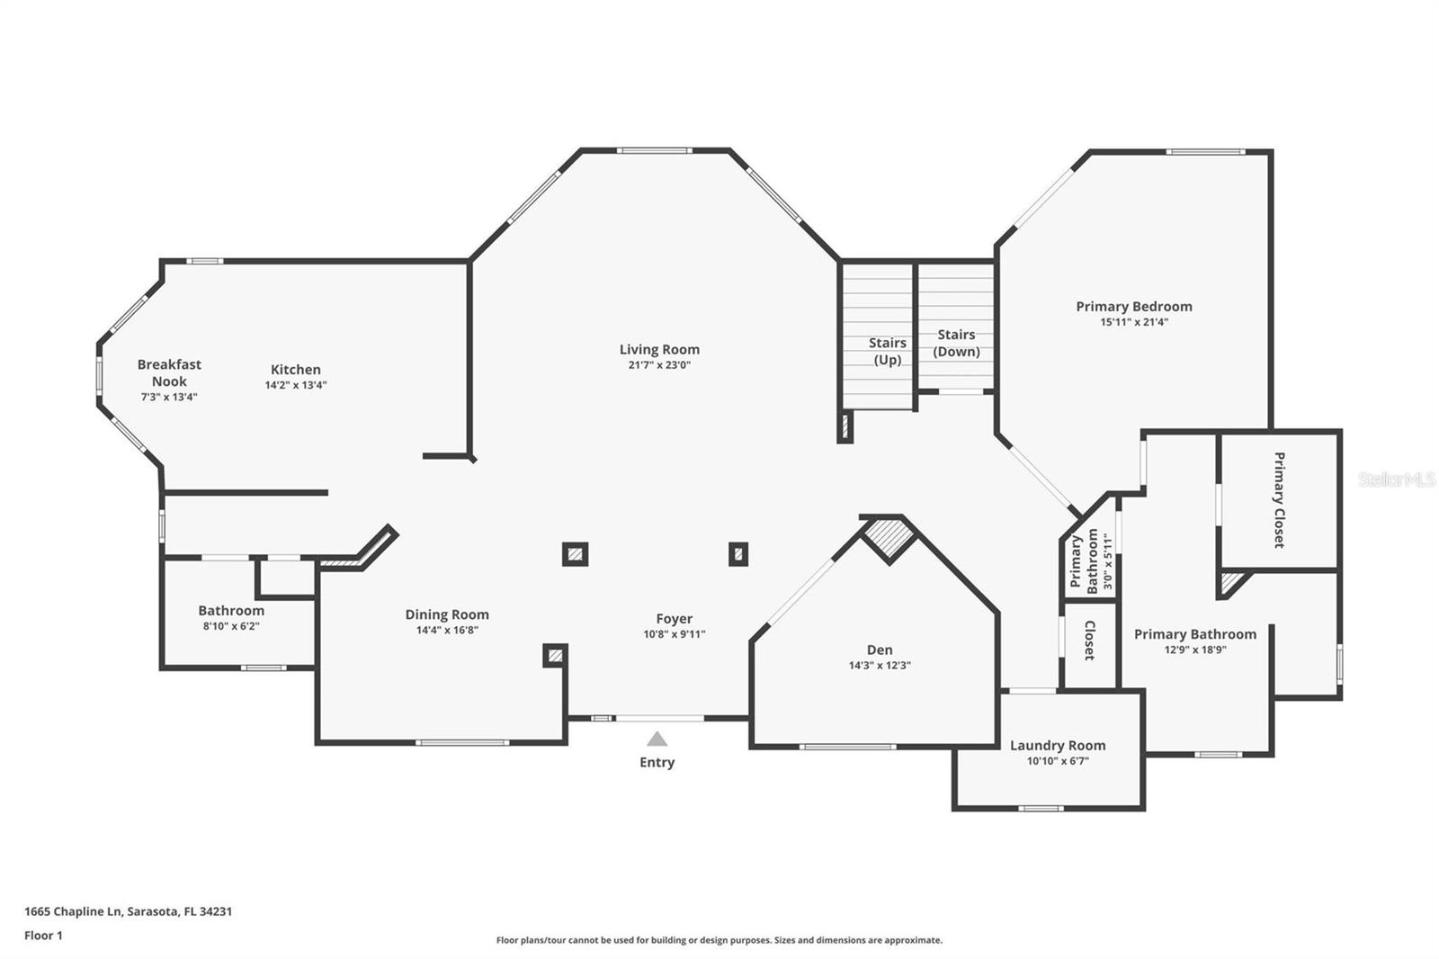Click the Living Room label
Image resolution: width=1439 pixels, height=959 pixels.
pos(658,349)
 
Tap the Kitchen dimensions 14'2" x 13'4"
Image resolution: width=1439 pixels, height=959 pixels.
pos(295,385)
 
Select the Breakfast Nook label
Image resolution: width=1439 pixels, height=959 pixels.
pos(169,372)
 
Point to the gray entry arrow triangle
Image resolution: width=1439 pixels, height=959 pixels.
pos(657,739)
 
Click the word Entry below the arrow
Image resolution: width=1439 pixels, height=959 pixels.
pos(657,762)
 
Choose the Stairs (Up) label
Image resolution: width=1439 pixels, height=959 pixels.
pos(887,351)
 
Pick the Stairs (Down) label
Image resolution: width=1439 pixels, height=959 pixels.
pos(956,343)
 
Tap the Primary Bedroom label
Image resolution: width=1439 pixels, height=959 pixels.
pos(1133,306)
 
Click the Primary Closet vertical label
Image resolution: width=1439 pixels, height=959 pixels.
pos(1279,500)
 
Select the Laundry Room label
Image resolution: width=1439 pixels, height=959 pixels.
pos(1058,745)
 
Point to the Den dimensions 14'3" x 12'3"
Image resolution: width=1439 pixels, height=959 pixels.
pos(880,666)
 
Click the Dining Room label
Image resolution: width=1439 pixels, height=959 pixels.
pos(447,614)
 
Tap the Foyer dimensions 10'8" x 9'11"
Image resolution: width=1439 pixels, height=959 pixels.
pos(675,634)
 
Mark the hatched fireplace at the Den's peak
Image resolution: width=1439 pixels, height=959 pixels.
pos(889,538)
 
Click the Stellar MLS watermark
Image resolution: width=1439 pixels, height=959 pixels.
pos(1397,479)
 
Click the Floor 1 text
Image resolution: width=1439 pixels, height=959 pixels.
pos(43,936)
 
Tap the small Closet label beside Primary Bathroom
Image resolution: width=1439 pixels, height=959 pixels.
pos(1089,641)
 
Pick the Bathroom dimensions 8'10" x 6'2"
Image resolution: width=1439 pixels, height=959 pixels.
pos(231,626)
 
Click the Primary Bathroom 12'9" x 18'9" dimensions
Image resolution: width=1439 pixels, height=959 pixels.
pos(1195,650)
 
